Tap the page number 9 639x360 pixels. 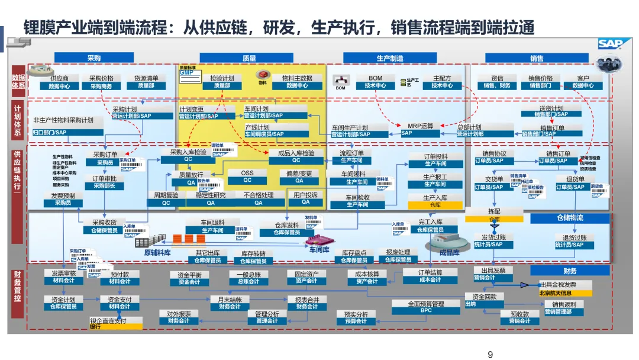[x=489, y=355]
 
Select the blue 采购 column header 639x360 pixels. [x=93, y=58]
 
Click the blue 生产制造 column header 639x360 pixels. [x=389, y=58]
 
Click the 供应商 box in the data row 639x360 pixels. [x=59, y=82]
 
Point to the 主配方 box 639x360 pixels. [x=442, y=82]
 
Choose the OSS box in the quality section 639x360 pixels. [x=247, y=176]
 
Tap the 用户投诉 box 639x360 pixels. [x=305, y=198]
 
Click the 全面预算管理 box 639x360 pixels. [x=426, y=307]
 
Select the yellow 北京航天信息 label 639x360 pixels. [x=555, y=292]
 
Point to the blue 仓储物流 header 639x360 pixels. [x=569, y=218]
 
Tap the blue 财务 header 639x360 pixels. [x=570, y=271]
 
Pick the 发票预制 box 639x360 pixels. [x=63, y=199]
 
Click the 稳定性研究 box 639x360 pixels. [x=211, y=198]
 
